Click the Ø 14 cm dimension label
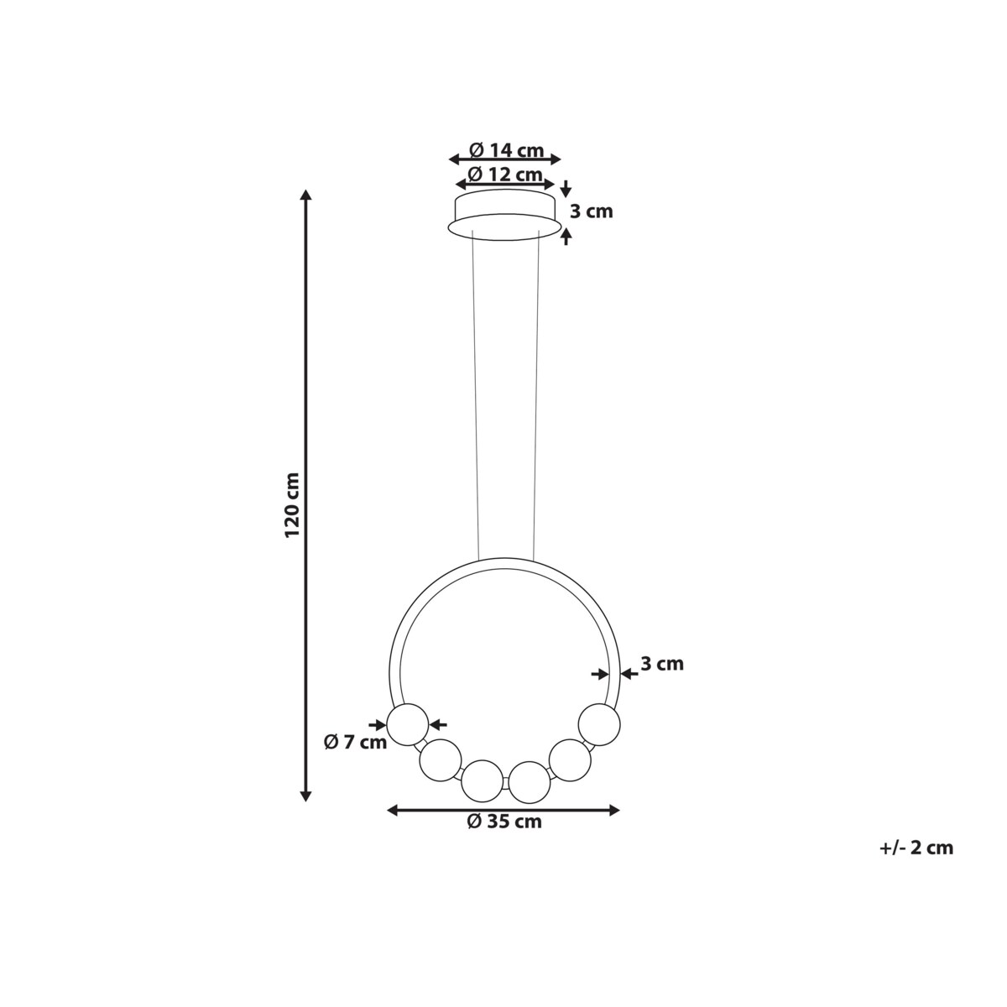505,150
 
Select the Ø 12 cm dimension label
505,175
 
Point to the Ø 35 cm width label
504,822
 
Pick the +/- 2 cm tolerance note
916,848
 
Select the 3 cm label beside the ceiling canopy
591,211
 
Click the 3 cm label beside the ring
662,664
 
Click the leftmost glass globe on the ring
407,723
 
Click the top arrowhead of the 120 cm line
306,196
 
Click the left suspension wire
475,394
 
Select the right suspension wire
536,394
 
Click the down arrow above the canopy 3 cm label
566,188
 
